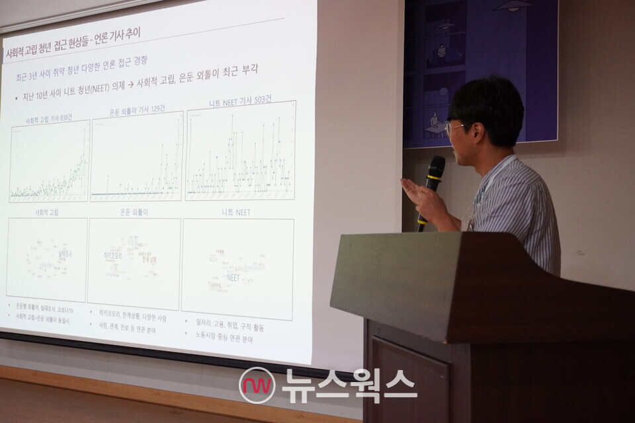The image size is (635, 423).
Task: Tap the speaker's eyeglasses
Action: point(456,128)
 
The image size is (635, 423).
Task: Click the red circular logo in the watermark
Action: point(257,385)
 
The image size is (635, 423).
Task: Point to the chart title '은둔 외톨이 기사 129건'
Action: point(137,109)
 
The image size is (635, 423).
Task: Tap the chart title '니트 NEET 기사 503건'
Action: point(239,101)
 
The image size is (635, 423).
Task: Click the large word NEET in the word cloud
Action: point(233,278)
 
